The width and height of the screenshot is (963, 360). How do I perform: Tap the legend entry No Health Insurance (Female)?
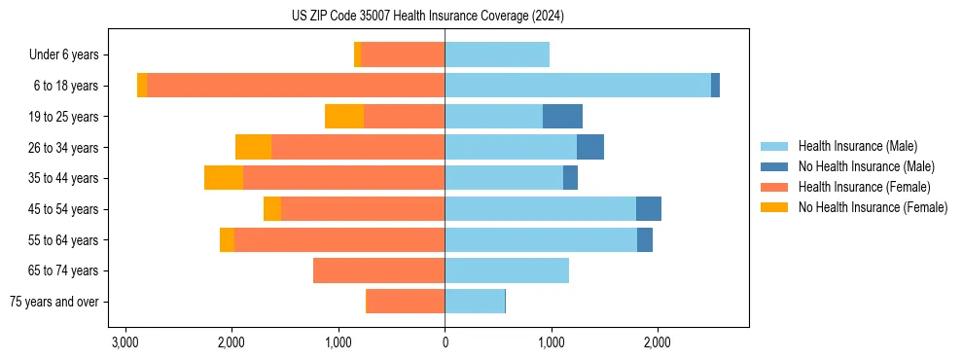point(873,207)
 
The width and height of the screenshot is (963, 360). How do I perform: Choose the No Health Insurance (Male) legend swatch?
point(775,166)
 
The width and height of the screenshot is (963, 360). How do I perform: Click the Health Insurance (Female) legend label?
point(864,187)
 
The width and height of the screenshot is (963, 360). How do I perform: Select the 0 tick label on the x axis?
point(445,343)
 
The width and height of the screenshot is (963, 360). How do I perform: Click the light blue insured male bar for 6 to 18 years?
point(578,86)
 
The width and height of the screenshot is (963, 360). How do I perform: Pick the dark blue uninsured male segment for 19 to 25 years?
point(562,117)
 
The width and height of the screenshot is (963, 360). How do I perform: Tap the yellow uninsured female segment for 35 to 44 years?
point(224,178)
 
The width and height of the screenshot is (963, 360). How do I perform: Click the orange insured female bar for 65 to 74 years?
point(379,270)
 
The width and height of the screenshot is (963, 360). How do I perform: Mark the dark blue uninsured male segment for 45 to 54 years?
point(649,209)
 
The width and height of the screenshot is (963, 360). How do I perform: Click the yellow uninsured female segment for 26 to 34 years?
point(253,147)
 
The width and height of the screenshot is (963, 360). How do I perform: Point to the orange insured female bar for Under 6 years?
point(403,55)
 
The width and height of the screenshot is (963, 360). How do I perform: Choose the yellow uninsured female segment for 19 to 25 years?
point(344,117)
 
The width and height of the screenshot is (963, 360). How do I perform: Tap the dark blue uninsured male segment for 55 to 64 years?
point(645,239)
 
